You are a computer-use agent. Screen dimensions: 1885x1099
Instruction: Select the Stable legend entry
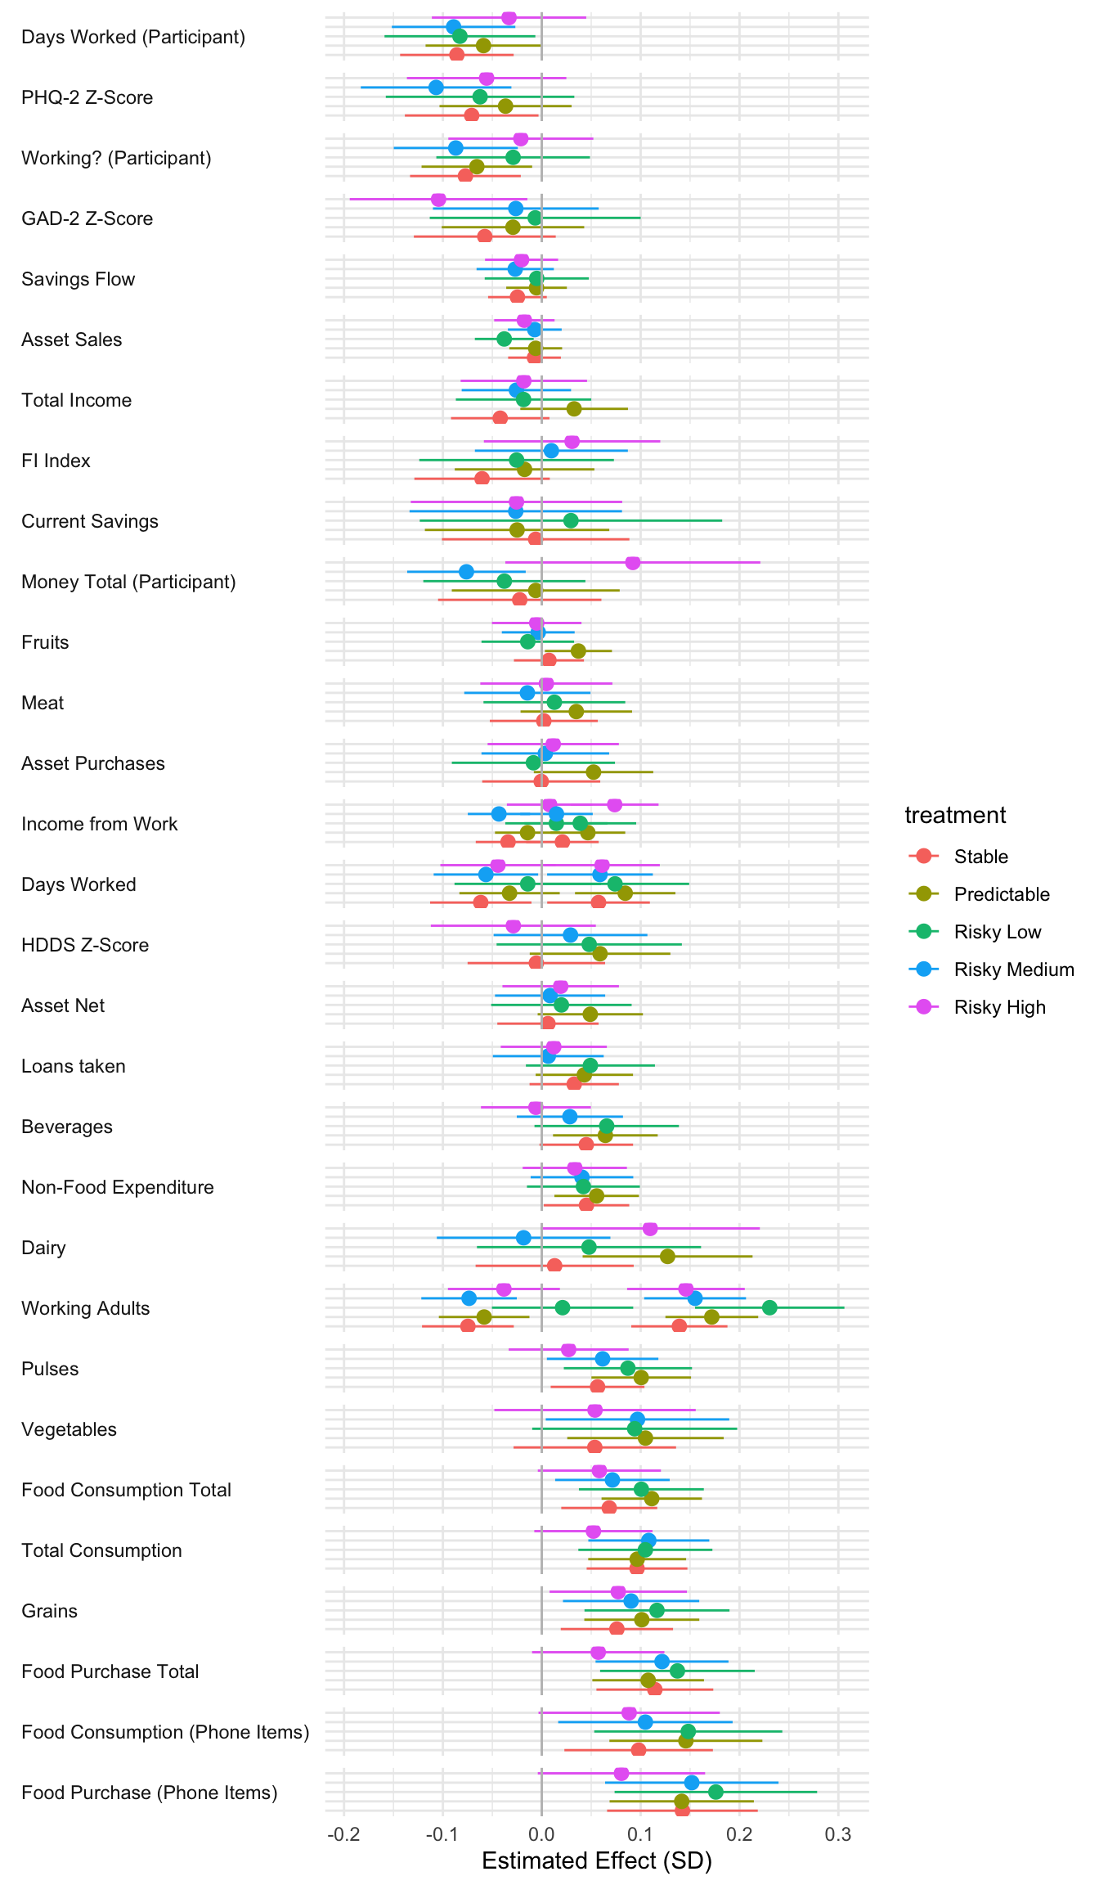coord(980,857)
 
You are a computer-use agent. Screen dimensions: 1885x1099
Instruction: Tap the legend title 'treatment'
coord(955,815)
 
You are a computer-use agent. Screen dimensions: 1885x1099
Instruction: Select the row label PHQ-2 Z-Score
coord(87,97)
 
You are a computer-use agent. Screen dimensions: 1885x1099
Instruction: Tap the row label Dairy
coord(43,1248)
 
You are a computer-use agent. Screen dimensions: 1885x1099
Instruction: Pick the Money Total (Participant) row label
coord(128,582)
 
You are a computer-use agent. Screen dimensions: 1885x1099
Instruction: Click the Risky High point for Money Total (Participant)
coord(632,563)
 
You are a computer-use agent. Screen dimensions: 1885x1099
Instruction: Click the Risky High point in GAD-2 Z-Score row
coord(438,200)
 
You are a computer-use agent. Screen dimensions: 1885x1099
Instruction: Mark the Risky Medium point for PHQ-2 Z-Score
coord(436,88)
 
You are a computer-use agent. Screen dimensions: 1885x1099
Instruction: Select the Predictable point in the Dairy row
coord(667,1257)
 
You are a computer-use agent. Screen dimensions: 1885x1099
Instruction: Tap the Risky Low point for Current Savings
coord(571,520)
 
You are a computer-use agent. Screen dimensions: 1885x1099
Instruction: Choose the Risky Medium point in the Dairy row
coord(523,1238)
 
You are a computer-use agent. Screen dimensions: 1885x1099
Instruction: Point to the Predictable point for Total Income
coord(574,408)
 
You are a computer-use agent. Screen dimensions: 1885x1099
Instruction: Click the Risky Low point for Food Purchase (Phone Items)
coord(715,1792)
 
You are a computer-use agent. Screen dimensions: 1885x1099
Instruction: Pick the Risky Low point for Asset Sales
coord(504,339)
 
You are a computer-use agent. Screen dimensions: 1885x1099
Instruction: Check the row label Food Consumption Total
coord(126,1490)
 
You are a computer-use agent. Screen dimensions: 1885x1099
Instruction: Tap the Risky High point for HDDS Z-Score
coord(514,926)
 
